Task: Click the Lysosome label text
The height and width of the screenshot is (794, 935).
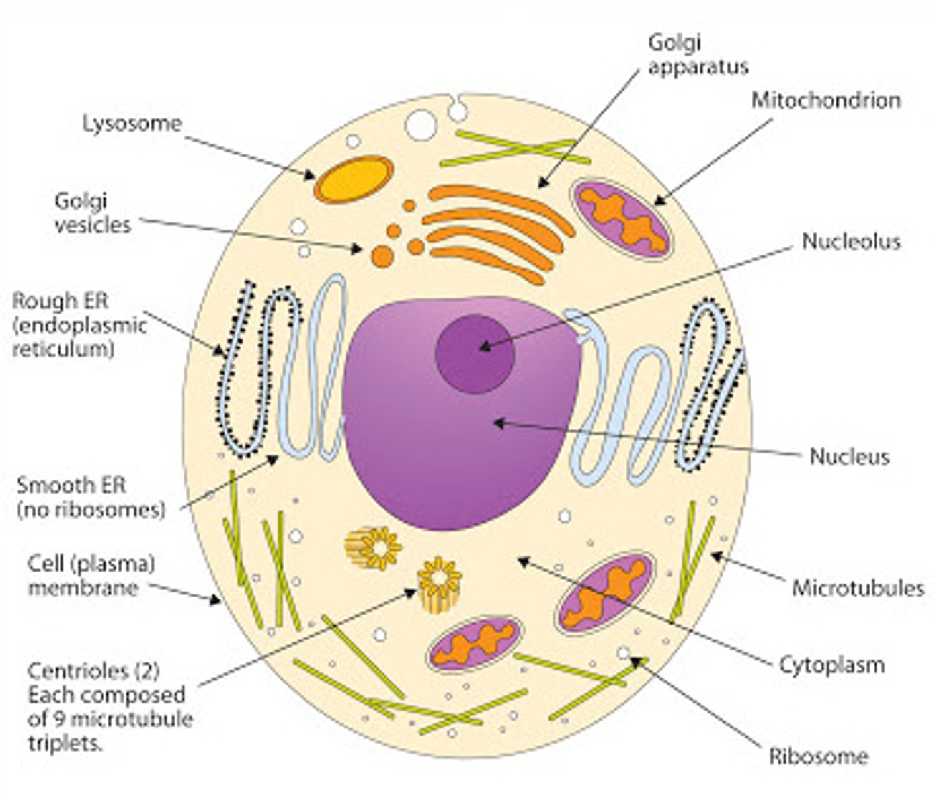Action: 132,124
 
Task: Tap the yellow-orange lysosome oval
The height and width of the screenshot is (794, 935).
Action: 353,179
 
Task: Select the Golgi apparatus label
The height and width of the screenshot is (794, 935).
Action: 697,54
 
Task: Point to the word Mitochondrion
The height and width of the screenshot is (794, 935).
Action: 826,101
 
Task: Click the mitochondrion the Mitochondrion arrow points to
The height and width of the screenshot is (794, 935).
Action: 622,218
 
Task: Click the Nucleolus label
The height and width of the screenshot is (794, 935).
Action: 851,242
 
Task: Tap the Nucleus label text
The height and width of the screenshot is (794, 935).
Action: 850,457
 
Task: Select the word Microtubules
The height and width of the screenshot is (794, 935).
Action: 858,588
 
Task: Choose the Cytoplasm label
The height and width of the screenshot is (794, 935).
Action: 831,664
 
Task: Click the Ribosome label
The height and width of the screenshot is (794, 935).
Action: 818,756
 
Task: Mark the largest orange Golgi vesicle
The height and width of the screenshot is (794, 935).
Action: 382,256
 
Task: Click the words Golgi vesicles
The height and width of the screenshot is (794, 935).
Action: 93,212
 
